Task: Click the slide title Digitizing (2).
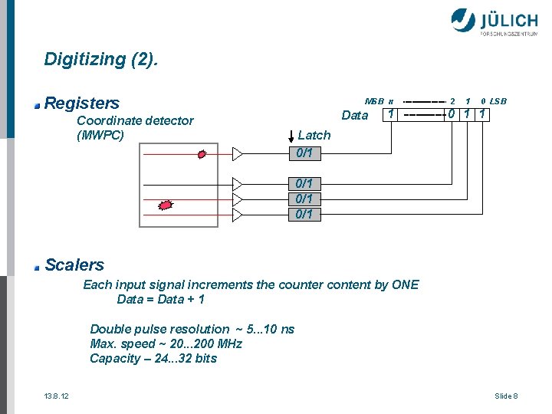[x=102, y=59]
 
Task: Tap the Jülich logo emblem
[x=463, y=21]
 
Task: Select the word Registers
[x=82, y=103]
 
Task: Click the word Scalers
[x=74, y=265]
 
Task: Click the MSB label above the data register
[x=374, y=101]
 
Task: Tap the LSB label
[x=498, y=101]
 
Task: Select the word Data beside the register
[x=354, y=116]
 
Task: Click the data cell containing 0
[x=452, y=115]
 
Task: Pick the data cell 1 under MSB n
[x=391, y=115]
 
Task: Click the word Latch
[x=314, y=135]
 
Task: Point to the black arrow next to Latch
[x=291, y=136]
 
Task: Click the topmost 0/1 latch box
[x=304, y=153]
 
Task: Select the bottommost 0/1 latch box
[x=304, y=214]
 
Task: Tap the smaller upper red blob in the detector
[x=202, y=154]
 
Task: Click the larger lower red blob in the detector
[x=165, y=204]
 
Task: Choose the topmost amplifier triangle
[x=237, y=154]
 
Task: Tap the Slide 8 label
[x=506, y=396]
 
